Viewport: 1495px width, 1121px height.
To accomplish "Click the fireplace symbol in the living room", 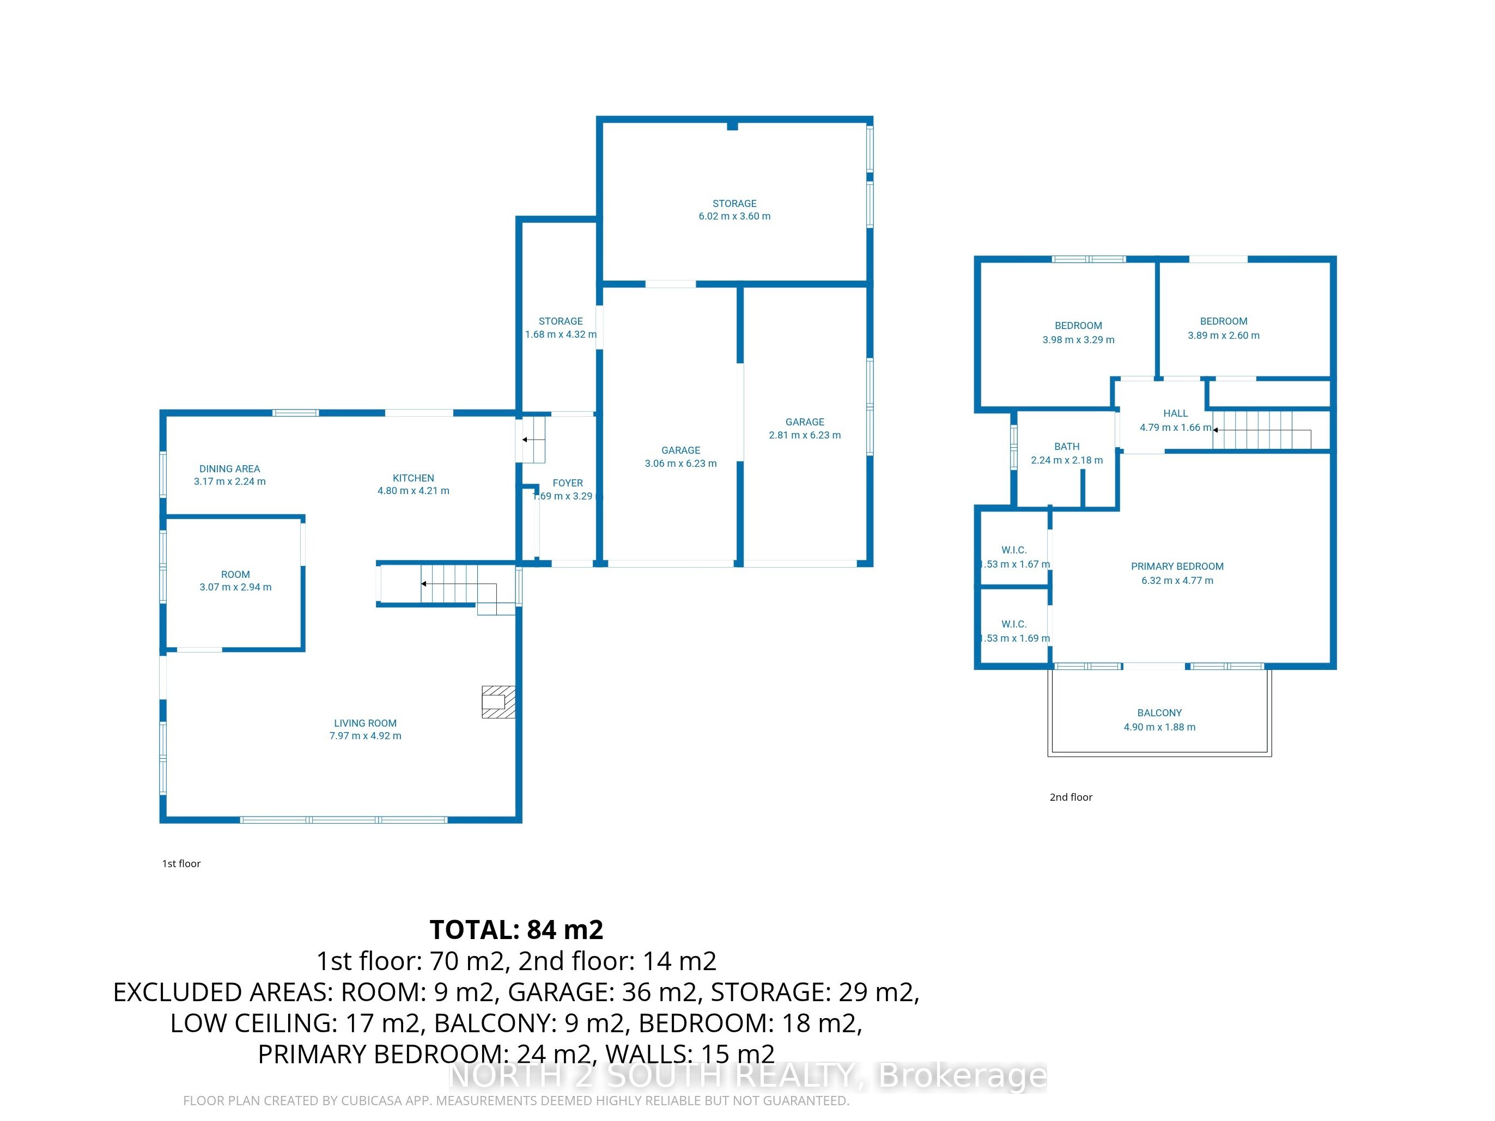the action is point(498,702).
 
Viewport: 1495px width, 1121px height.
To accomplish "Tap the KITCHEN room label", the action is point(414,478).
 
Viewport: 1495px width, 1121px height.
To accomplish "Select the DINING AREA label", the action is point(230,468).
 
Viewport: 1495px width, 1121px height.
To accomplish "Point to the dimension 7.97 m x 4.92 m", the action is point(366,736).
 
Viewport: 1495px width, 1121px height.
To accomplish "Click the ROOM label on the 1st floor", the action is point(235,574).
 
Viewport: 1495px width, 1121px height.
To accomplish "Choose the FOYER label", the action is point(568,483).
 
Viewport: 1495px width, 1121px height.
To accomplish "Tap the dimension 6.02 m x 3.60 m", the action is point(734,216).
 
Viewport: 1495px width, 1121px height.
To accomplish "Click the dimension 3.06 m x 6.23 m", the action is point(680,464).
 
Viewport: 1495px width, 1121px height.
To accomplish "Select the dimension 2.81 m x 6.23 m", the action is point(805,435).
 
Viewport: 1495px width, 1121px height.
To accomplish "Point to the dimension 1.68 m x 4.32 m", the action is point(561,334).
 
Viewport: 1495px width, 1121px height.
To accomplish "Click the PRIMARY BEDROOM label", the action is point(1177,566).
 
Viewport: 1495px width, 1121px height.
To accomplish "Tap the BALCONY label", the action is point(1160,713).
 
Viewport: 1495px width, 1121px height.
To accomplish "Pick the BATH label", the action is point(1067,447).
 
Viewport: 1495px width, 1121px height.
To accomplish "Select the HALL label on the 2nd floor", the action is point(1176,413).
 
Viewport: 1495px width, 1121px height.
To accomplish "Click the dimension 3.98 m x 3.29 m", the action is point(1079,340).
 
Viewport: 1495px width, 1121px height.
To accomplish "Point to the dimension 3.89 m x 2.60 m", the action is point(1224,335).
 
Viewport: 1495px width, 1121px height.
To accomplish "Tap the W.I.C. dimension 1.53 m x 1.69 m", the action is point(1015,638).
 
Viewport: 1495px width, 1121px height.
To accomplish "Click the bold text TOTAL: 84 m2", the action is point(516,930).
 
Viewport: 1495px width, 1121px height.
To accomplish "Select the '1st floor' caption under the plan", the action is point(181,863).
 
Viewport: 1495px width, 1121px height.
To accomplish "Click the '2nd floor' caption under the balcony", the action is point(1071,797).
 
